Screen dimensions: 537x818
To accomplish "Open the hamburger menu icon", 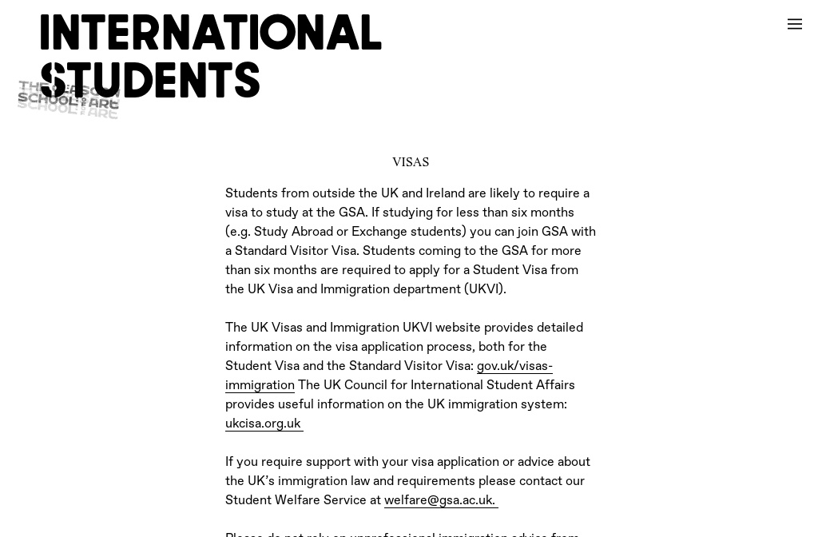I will [x=794, y=24].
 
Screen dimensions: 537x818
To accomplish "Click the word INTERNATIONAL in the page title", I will [x=211, y=34].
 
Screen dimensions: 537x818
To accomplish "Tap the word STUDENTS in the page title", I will [x=150, y=82].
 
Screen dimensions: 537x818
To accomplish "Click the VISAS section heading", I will [x=411, y=162].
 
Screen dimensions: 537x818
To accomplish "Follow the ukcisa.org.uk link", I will [x=263, y=424].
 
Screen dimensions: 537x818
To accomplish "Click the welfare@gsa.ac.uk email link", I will [x=439, y=501].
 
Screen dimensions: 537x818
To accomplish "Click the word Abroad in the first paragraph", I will [x=312, y=233].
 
